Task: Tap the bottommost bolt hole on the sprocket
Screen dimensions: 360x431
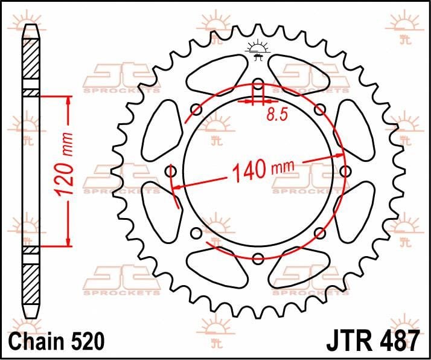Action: [258, 259]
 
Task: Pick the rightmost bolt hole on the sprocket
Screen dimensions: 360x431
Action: [345, 172]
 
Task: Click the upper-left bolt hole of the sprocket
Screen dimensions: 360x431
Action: [196, 109]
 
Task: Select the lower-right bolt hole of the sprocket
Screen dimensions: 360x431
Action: [320, 233]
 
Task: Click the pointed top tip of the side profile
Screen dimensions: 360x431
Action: [30, 25]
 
